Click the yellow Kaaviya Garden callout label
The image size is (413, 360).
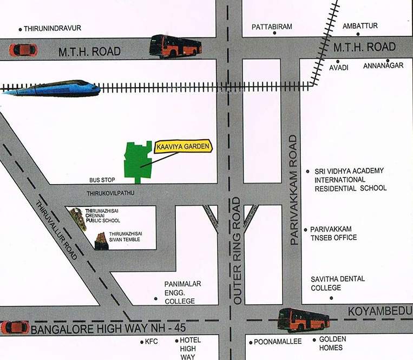tap(183, 146)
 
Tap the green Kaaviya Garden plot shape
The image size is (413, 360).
tap(139, 161)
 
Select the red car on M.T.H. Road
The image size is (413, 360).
tap(23, 50)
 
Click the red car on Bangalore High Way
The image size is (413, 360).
tap(15, 327)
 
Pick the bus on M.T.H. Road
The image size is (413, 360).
tap(175, 47)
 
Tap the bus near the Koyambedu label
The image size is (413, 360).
tap(303, 319)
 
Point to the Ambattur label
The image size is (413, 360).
tap(360, 26)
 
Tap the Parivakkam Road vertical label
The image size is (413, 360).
tap(294, 191)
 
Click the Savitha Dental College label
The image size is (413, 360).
tap(338, 283)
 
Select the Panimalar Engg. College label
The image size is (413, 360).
tap(180, 292)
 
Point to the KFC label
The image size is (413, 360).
tap(152, 342)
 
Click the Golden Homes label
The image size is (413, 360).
tap(331, 343)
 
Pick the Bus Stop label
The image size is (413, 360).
tap(102, 179)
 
